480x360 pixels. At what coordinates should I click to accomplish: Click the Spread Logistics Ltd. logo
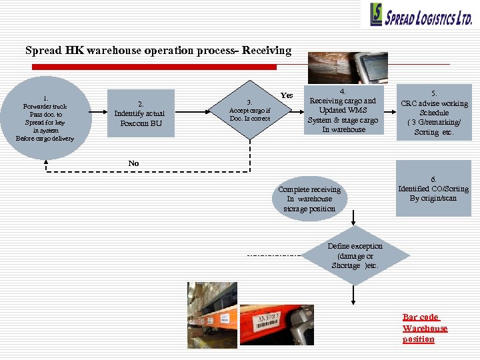coord(421,15)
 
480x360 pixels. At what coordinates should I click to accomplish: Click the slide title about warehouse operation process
coord(158,51)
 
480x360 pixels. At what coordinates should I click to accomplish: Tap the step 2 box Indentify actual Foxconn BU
coord(140,113)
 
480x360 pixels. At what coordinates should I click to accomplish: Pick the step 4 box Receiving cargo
coord(343,111)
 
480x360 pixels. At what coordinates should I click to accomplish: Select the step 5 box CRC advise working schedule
coord(434,113)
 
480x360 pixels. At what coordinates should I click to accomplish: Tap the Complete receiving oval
coord(309,199)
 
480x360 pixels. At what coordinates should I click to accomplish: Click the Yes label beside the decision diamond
coord(287,95)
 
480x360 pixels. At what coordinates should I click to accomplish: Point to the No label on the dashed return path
coord(134,163)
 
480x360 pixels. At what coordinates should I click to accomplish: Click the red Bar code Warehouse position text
coord(425,328)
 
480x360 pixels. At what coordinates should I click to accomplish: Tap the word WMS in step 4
coord(356,110)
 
